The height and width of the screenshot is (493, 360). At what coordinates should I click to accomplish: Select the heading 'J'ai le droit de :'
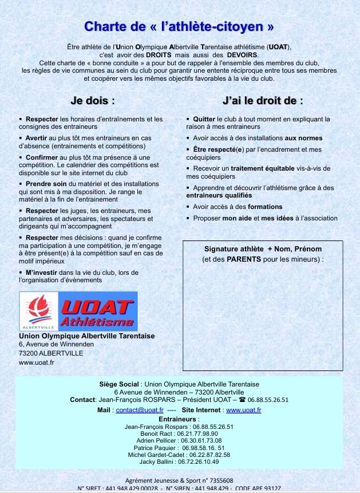click(263, 100)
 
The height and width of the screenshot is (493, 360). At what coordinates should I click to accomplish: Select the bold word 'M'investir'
click(41, 273)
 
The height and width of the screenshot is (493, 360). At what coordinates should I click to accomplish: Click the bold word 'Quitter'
click(204, 119)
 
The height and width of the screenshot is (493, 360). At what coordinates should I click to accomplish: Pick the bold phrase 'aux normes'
click(303, 138)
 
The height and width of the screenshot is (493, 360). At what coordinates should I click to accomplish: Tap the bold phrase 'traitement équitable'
click(262, 168)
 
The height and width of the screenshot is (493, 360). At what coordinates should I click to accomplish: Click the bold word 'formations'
click(265, 207)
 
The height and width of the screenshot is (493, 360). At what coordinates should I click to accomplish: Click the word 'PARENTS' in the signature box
click(243, 259)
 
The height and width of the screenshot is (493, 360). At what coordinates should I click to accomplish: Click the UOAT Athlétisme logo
click(78, 311)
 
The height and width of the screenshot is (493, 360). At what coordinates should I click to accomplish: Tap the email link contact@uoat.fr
click(140, 410)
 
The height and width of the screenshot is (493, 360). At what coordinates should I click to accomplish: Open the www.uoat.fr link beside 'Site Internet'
click(244, 410)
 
